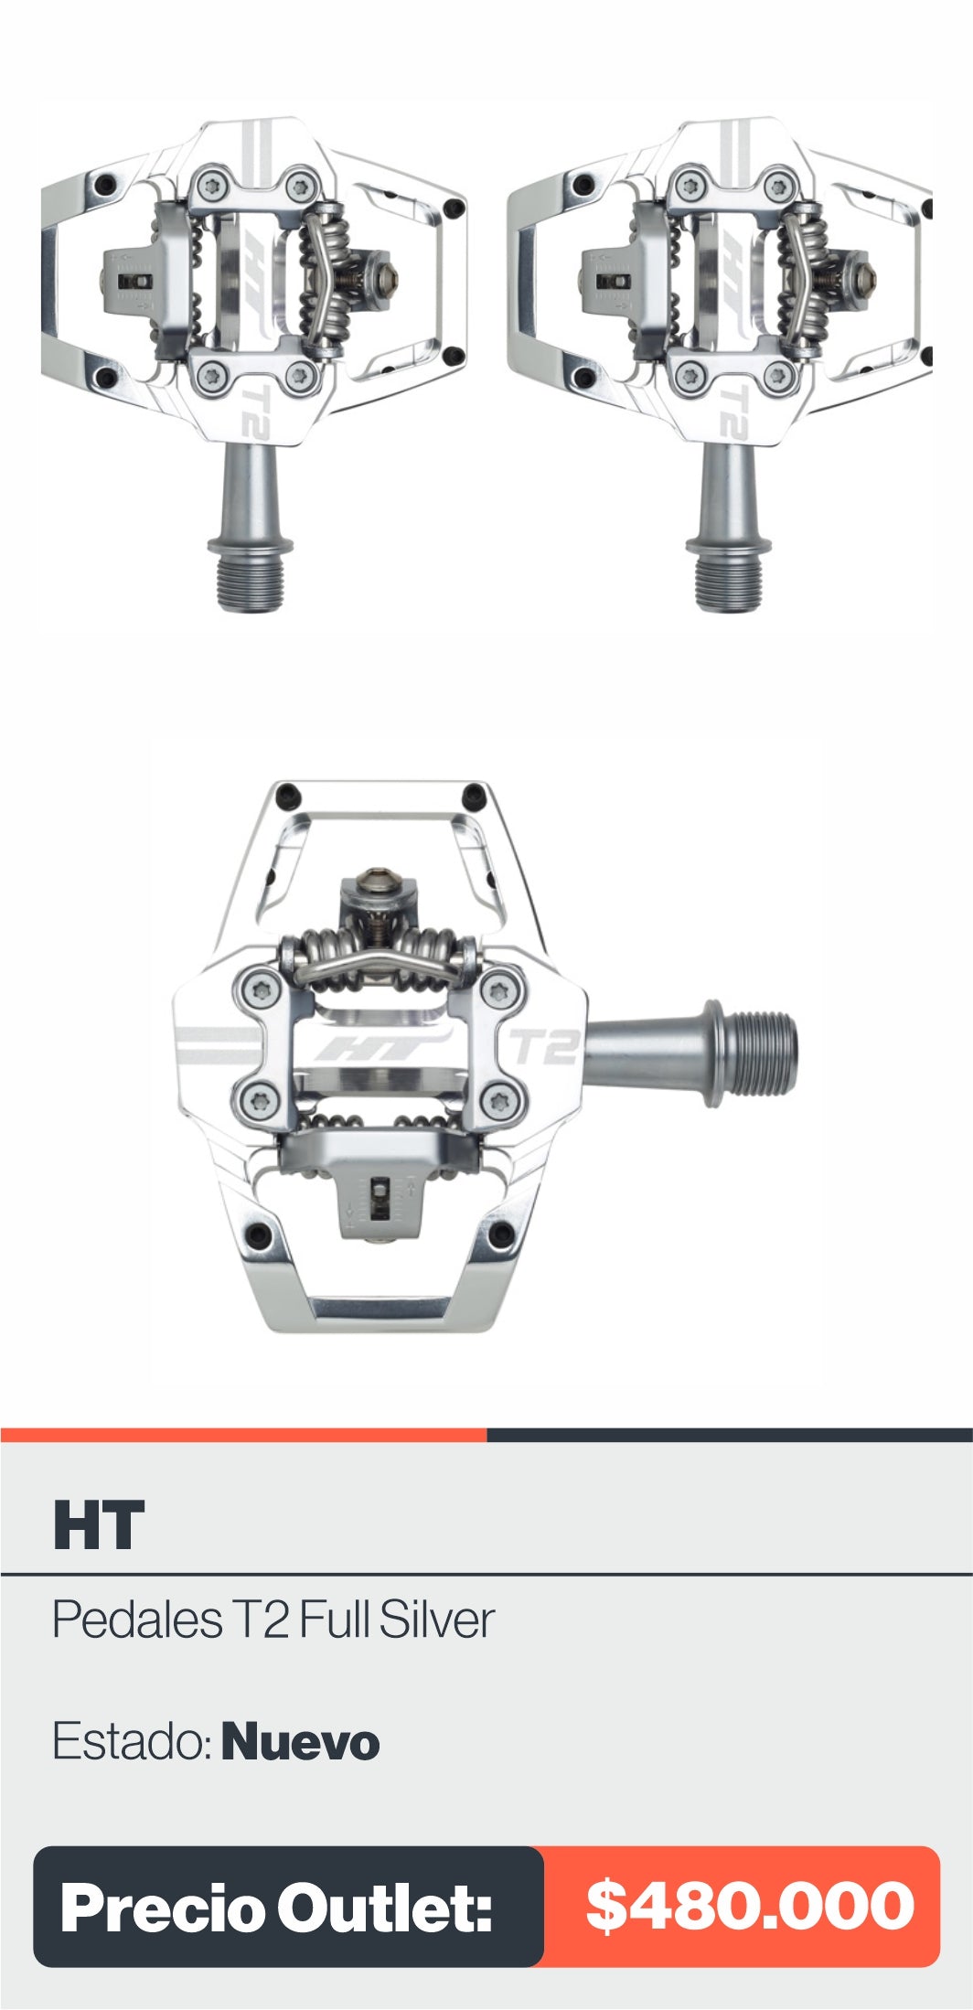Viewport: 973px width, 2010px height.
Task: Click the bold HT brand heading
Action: click(x=99, y=1525)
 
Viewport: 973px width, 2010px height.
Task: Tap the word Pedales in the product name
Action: click(x=137, y=1620)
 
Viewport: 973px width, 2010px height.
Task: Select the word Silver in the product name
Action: click(x=437, y=1620)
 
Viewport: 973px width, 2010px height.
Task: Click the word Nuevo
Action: click(x=300, y=1742)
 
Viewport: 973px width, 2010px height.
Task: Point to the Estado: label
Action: click(x=133, y=1742)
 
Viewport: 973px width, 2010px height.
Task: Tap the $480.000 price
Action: click(x=750, y=1906)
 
